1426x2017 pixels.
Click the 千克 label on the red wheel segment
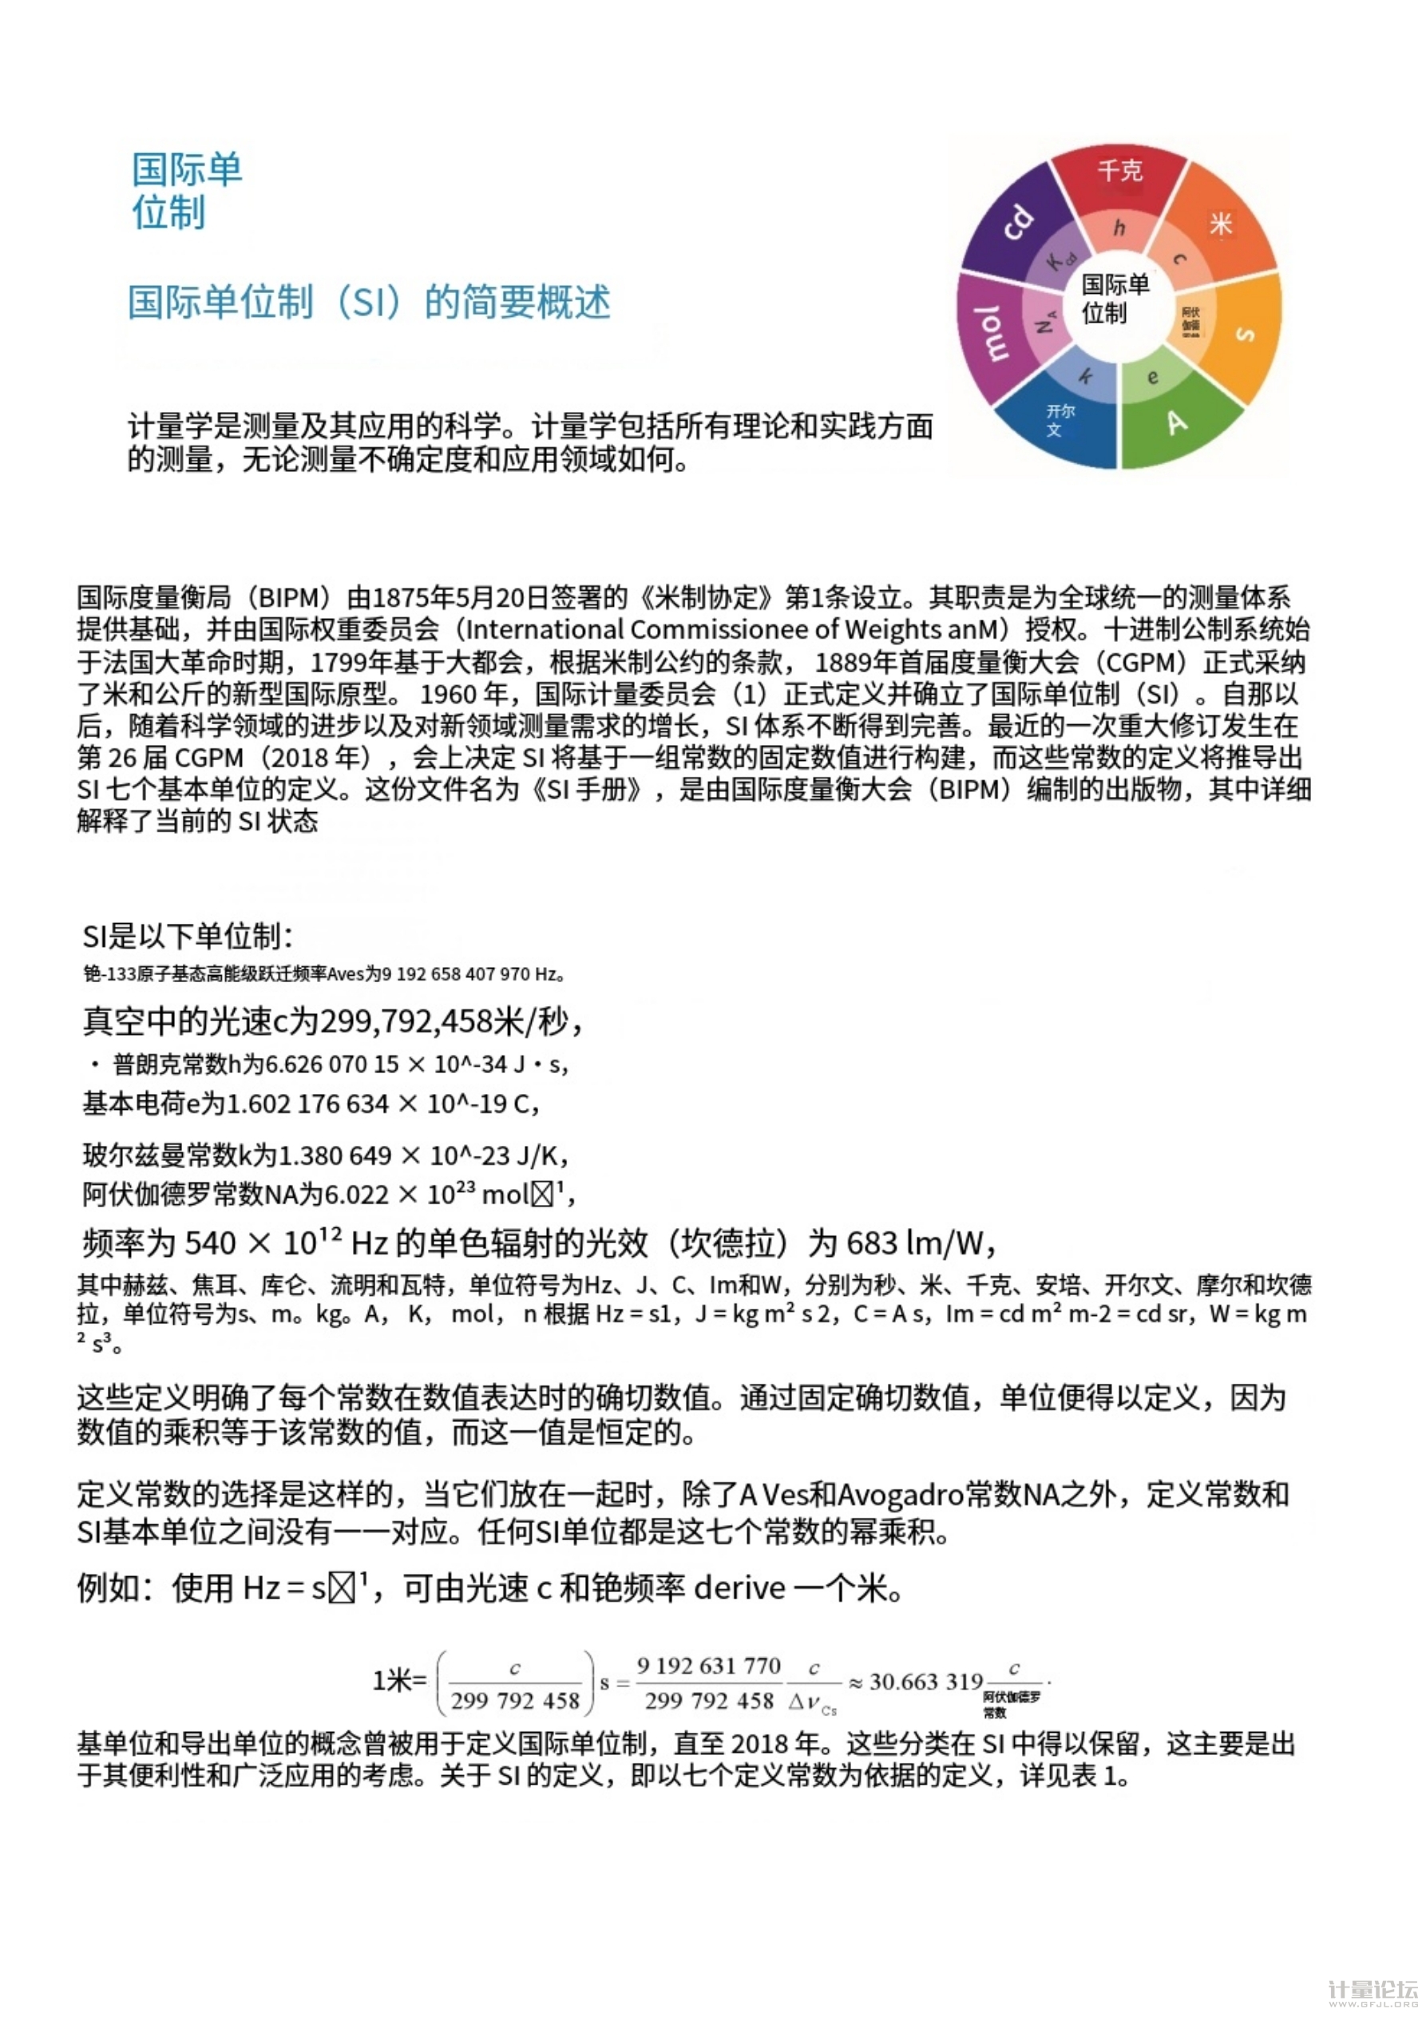[x=1119, y=169]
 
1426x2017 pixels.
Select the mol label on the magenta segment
[x=992, y=334]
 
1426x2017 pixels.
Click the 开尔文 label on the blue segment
[x=1059, y=420]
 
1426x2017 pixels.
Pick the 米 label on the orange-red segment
[x=1220, y=224]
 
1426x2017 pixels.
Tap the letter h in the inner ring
[x=1119, y=228]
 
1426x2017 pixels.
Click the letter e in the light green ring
[x=1153, y=377]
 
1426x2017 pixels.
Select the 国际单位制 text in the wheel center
[x=1114, y=298]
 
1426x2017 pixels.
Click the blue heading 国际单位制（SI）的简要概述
[x=369, y=302]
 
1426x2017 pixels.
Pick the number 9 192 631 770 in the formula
[x=708, y=1666]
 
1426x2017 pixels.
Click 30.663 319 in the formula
[x=925, y=1682]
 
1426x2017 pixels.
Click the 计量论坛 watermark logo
[x=1373, y=1991]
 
